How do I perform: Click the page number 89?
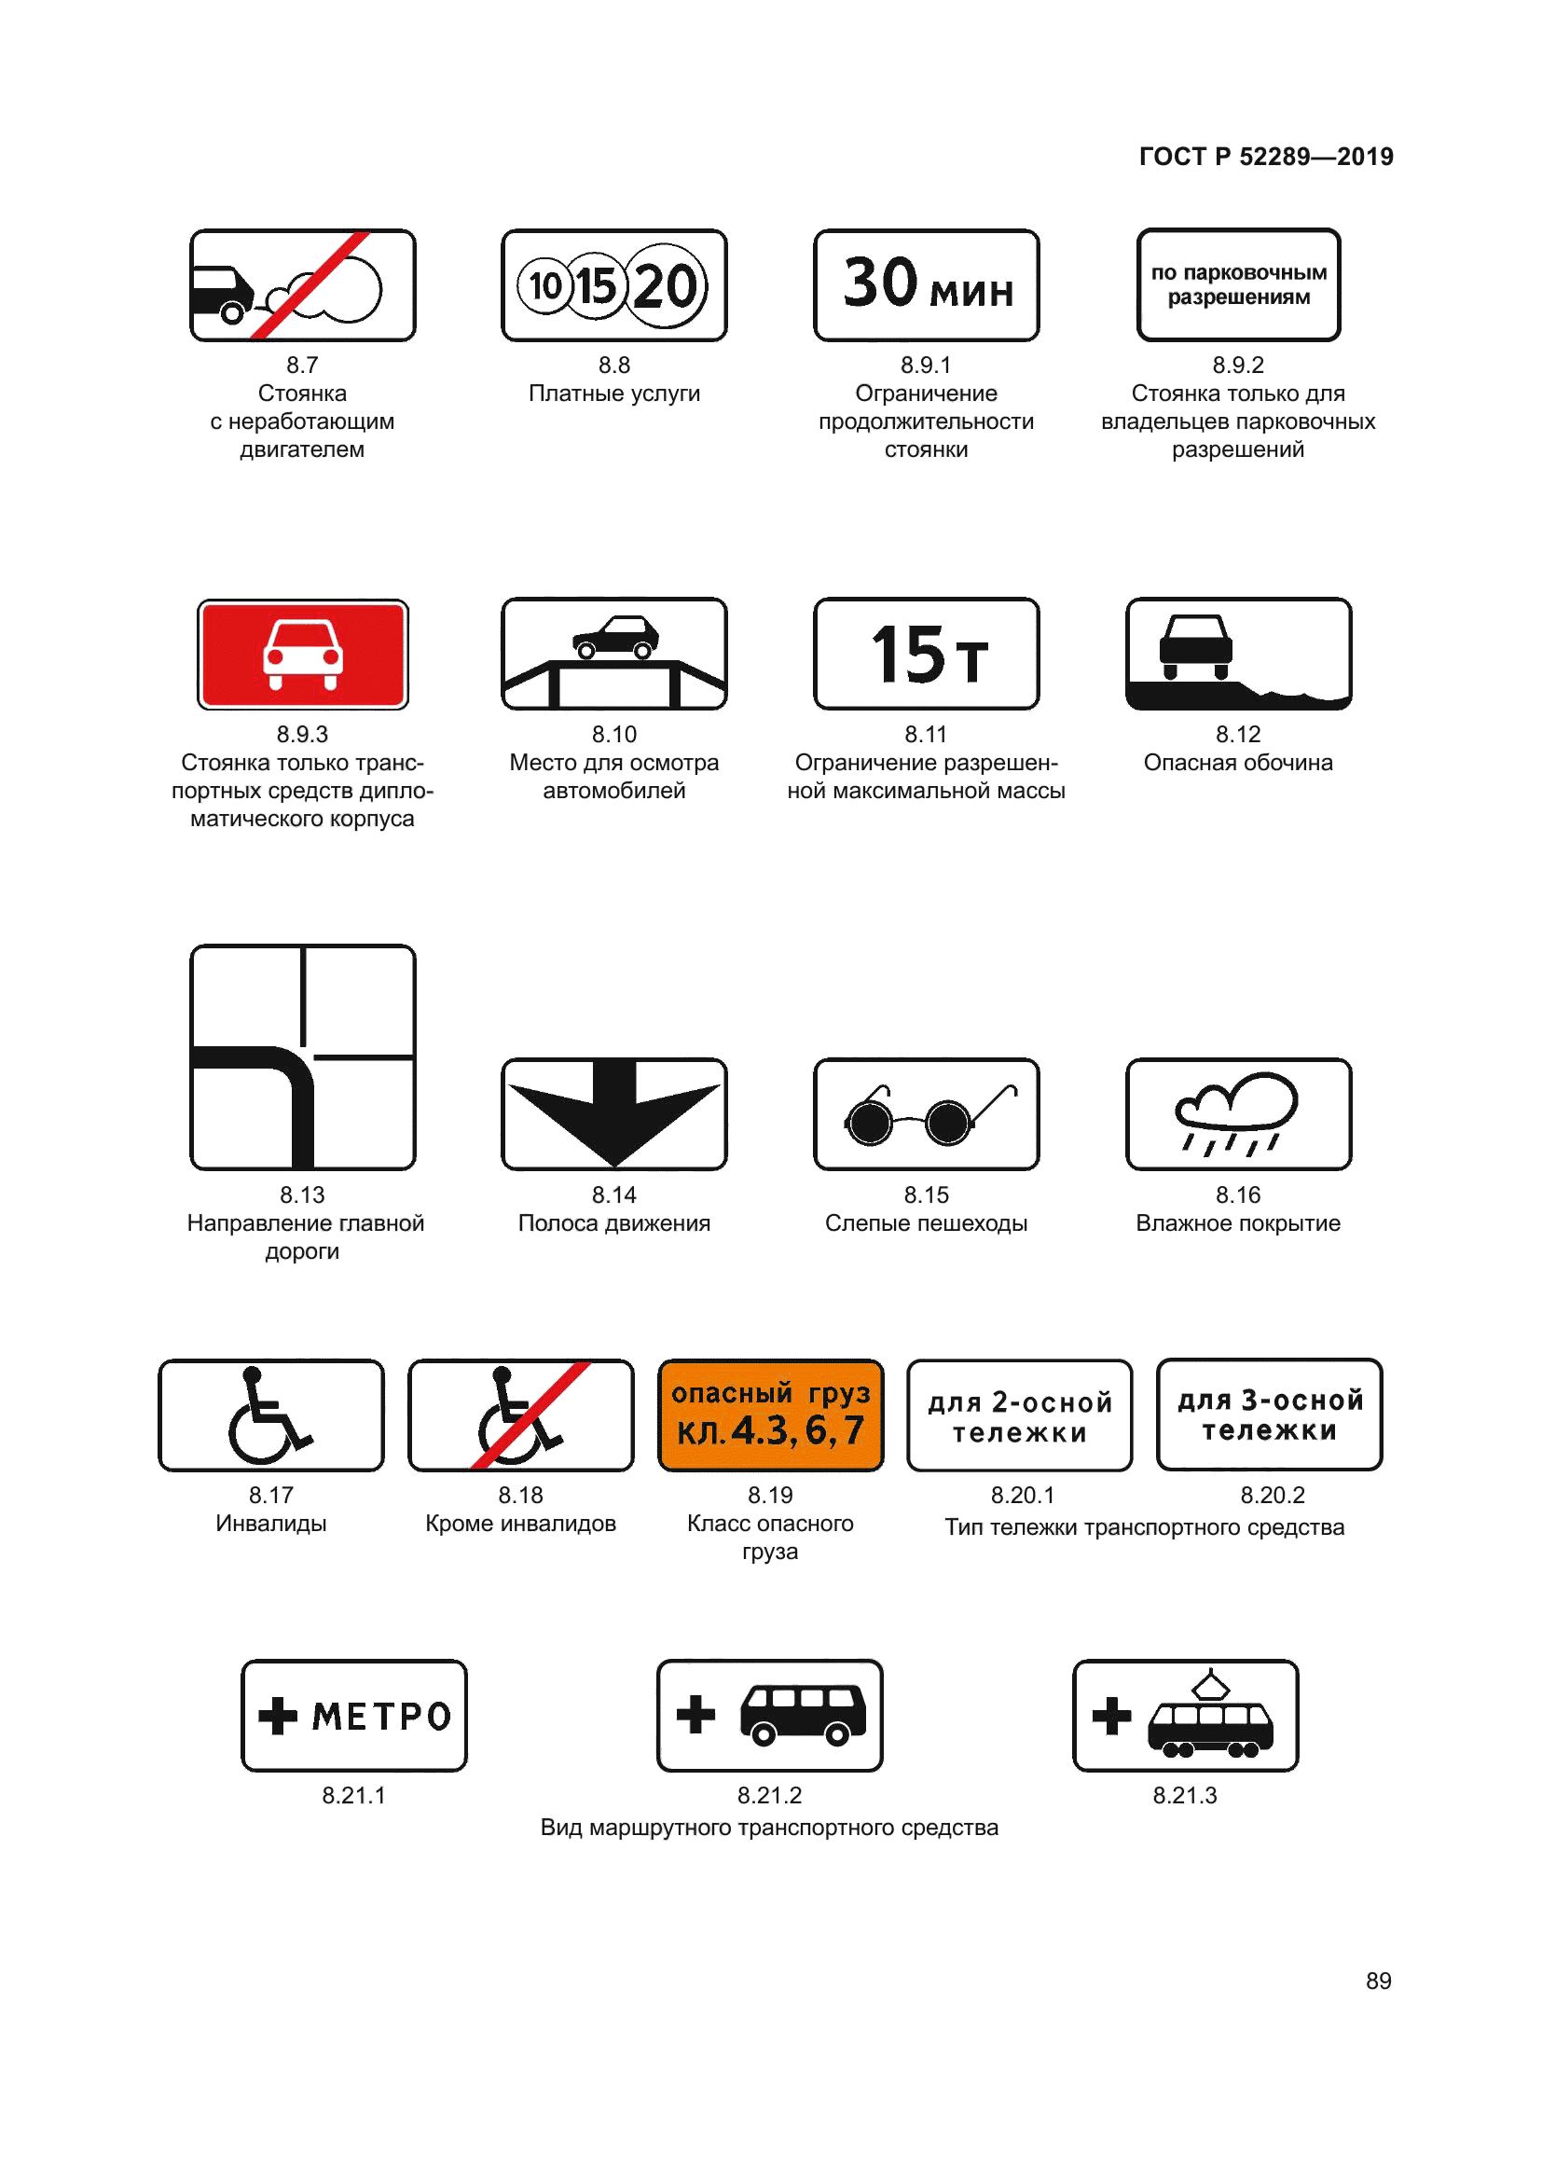(x=1378, y=1981)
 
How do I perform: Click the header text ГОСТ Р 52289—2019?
(x=1266, y=157)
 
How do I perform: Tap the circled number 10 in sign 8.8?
(x=546, y=285)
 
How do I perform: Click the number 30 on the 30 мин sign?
(x=880, y=283)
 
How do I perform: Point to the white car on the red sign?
(x=302, y=654)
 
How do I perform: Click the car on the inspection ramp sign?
(x=615, y=637)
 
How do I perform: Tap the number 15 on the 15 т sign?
(x=907, y=655)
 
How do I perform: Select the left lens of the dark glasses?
(x=868, y=1123)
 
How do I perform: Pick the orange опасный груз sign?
(x=770, y=1415)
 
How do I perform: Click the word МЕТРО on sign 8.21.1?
(x=380, y=1717)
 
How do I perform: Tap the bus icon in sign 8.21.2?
(x=803, y=1715)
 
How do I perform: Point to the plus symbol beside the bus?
(x=695, y=1715)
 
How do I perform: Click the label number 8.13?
(x=302, y=1195)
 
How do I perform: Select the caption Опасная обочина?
(x=1237, y=763)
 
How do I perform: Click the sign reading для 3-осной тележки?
(x=1269, y=1415)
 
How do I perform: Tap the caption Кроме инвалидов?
(x=520, y=1524)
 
